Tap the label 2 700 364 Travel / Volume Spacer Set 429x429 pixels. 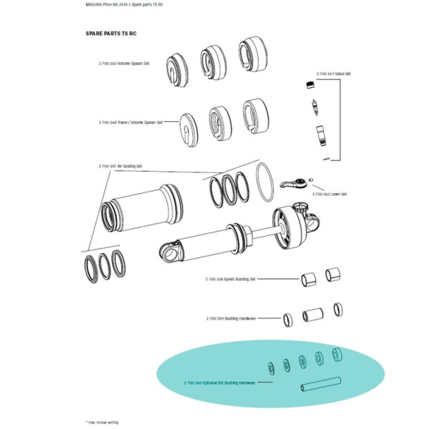[131, 122]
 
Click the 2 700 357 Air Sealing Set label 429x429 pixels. [121, 166]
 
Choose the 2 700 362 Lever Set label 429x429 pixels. [329, 194]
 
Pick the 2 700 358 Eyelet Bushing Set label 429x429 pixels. [230, 279]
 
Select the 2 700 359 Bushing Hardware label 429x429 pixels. [230, 318]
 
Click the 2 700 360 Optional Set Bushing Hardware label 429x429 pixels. [219, 382]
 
